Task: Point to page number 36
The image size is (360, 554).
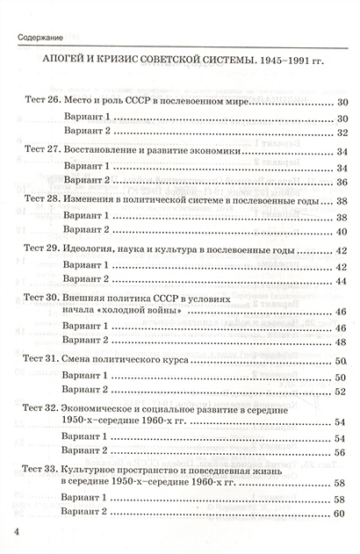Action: click(342, 181)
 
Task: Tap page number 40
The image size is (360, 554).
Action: click(342, 230)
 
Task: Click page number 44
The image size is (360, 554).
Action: click(342, 279)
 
